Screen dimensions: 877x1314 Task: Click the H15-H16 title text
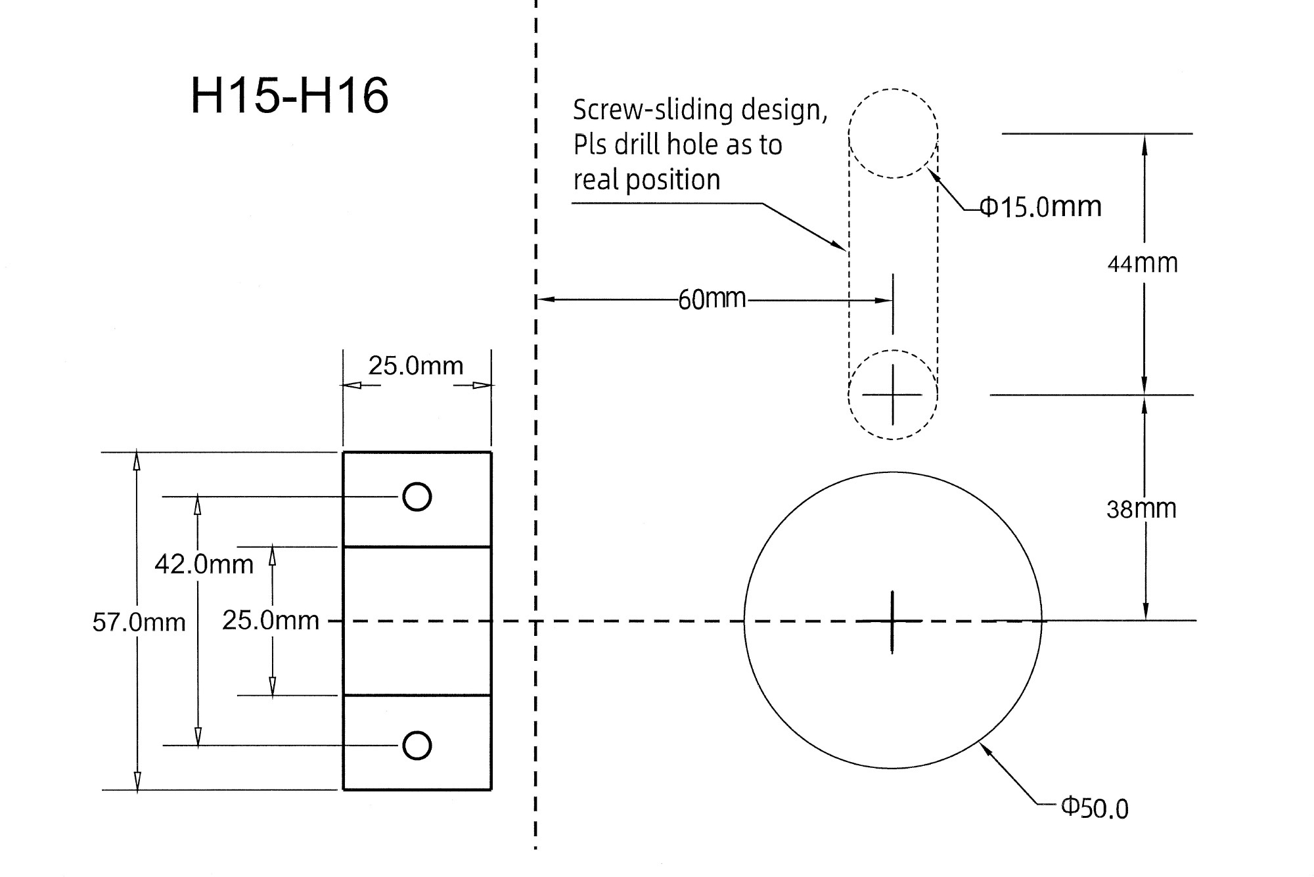click(290, 96)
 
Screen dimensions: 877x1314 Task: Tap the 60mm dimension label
click(712, 300)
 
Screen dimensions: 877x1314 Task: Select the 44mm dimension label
click(1143, 263)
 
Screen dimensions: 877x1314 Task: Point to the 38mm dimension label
click(1141, 509)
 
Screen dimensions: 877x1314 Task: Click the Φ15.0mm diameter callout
click(1041, 207)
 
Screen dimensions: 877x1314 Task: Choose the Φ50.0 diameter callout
click(1095, 807)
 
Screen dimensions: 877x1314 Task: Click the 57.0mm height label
click(139, 622)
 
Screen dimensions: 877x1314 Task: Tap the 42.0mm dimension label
click(204, 564)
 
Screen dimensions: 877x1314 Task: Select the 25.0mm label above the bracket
click(415, 365)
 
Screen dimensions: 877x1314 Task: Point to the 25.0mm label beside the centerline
click(270, 620)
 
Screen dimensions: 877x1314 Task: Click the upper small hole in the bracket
click(417, 497)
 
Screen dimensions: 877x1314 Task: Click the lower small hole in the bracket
click(417, 746)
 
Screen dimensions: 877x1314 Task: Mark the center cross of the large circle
click(892, 621)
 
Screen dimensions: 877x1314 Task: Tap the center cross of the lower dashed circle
click(892, 395)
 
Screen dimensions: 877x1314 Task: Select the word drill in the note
click(636, 145)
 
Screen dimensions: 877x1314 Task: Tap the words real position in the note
click(646, 180)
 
